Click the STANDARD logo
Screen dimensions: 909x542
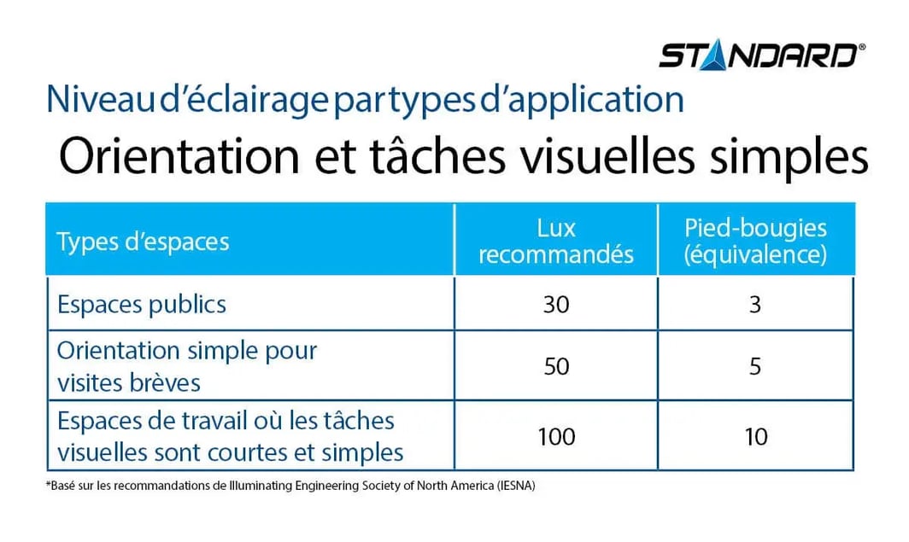click(762, 55)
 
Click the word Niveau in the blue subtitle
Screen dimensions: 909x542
click(100, 99)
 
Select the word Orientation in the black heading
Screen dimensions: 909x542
click(179, 155)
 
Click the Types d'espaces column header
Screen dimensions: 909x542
click(143, 242)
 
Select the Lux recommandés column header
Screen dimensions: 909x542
click(556, 241)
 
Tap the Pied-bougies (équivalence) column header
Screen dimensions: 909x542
click(755, 241)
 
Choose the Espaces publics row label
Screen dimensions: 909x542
click(142, 305)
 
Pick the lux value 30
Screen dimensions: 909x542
click(556, 305)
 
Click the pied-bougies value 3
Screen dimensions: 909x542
click(755, 305)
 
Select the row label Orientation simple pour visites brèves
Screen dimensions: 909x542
click(186, 366)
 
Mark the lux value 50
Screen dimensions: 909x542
click(556, 366)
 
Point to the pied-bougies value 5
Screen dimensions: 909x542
click(755, 366)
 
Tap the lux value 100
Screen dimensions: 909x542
click(556, 437)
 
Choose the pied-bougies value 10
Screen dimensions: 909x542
click(756, 437)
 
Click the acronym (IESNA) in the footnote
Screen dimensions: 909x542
click(515, 486)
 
